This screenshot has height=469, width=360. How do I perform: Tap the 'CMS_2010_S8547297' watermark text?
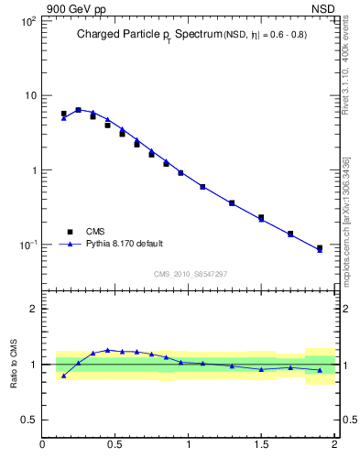(190, 274)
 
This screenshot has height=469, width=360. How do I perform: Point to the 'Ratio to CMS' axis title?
(14, 364)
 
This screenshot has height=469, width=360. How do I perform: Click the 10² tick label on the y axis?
(27, 20)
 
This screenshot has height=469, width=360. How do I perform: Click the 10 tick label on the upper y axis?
(29, 95)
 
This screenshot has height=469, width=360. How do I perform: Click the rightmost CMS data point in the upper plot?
(320, 247)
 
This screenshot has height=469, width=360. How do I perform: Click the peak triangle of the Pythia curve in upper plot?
(78, 110)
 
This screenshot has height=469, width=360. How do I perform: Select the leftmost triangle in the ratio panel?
(63, 376)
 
